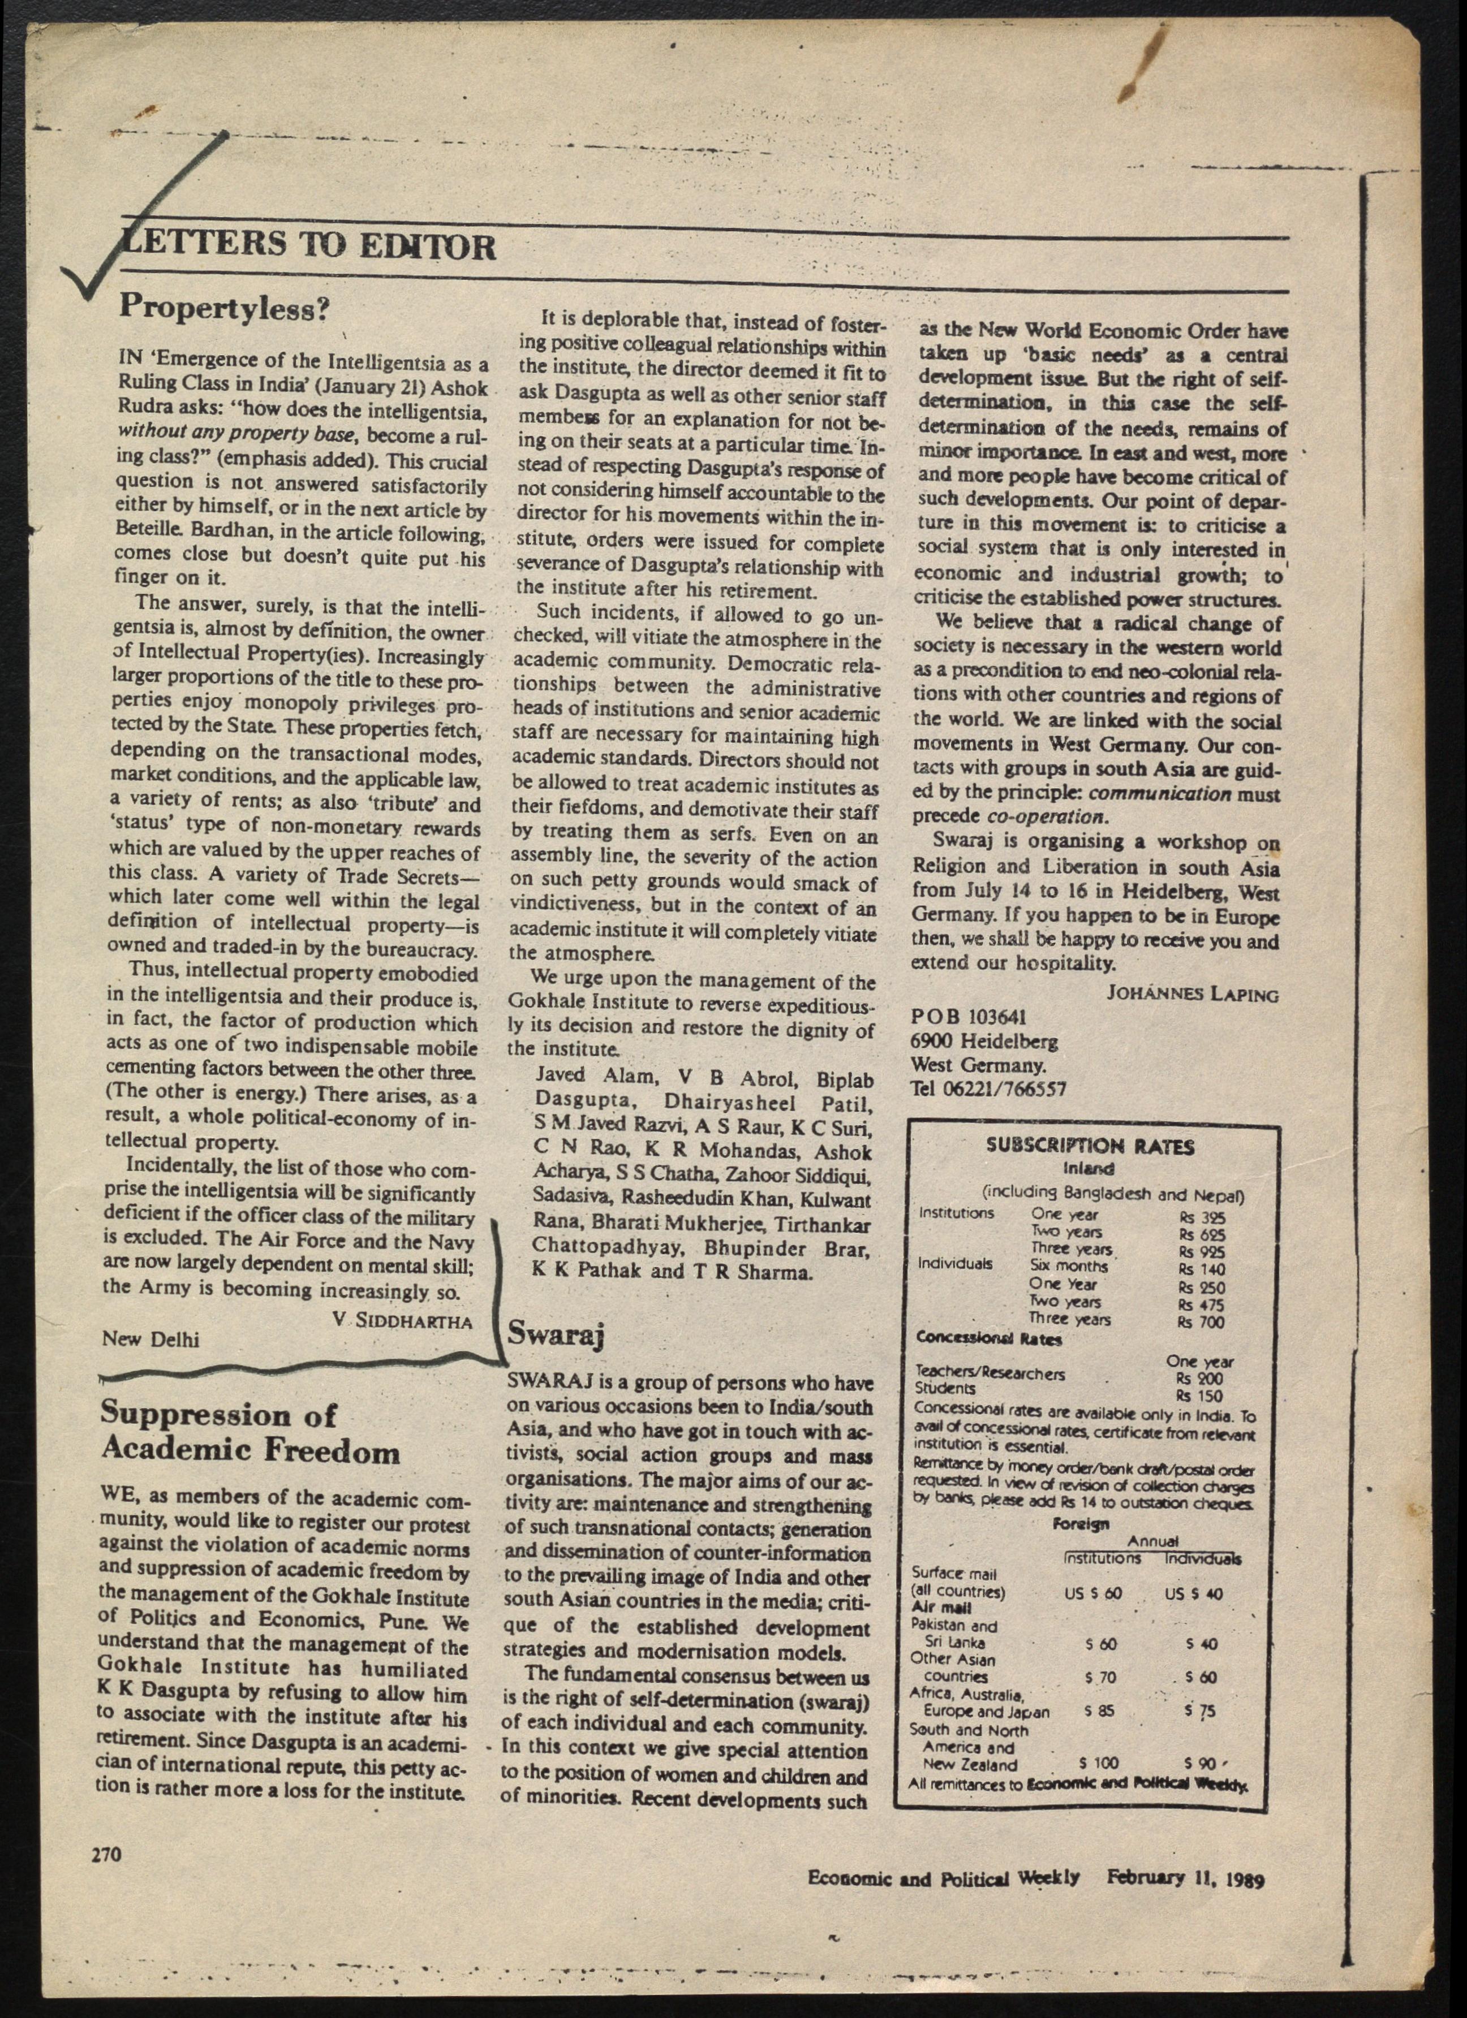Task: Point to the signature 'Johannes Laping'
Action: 1192,994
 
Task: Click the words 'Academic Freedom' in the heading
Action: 250,1452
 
